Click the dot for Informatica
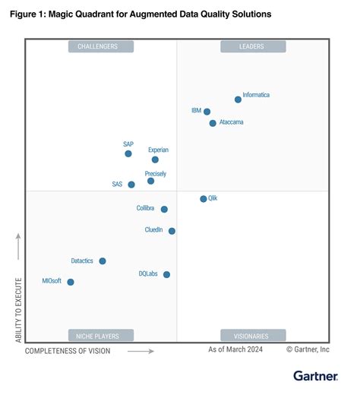238,99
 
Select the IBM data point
207,112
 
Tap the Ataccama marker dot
213,123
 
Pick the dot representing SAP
128,153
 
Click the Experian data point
155,160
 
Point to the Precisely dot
150,181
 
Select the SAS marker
131,185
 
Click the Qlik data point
203,199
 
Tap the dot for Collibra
164,209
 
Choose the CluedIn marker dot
172,231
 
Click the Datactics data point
103,261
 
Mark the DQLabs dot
166,274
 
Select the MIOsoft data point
71,282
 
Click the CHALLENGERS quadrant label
100,46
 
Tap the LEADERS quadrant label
253,46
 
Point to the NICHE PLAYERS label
100,335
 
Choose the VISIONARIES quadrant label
253,335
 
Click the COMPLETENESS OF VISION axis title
68,351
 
